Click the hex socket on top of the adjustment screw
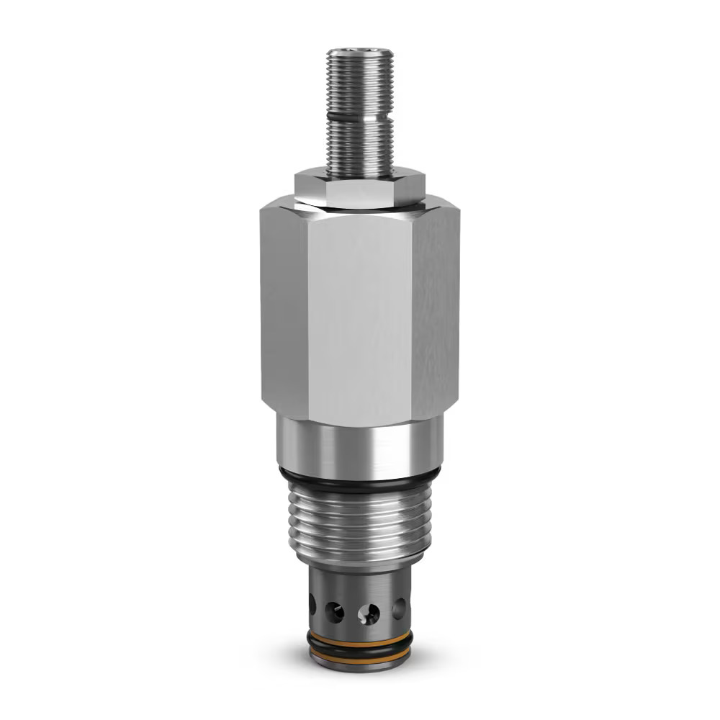point(359,52)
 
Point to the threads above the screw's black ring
point(359,83)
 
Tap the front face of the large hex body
point(359,317)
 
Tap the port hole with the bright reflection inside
point(369,613)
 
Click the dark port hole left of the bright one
point(334,612)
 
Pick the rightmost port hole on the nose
point(398,609)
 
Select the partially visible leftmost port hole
point(312,603)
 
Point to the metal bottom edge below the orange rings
point(359,665)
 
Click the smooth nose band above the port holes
point(359,580)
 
